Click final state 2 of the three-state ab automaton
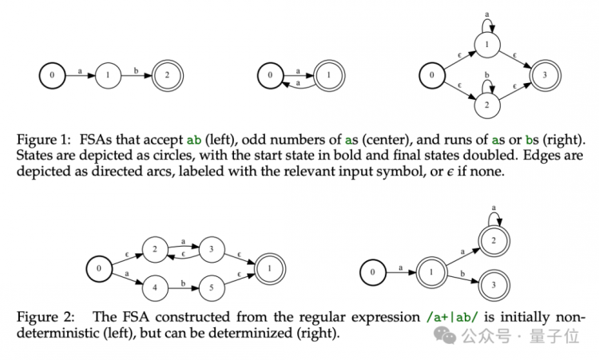tap(168, 75)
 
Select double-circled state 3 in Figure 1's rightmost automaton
tap(545, 75)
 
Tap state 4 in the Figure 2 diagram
tap(155, 288)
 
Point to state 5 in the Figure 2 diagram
tap(212, 288)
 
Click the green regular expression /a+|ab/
tap(452, 317)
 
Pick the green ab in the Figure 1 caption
tap(194, 140)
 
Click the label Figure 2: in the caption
tap(46, 317)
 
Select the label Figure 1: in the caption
tap(44, 140)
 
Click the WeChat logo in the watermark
tap(445, 335)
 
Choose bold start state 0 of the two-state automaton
tap(271, 75)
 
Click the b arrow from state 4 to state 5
tap(184, 288)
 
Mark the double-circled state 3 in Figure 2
tap(494, 285)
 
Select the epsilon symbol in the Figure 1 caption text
tap(450, 172)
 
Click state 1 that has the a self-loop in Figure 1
tap(487, 45)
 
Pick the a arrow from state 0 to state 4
tap(128, 278)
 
